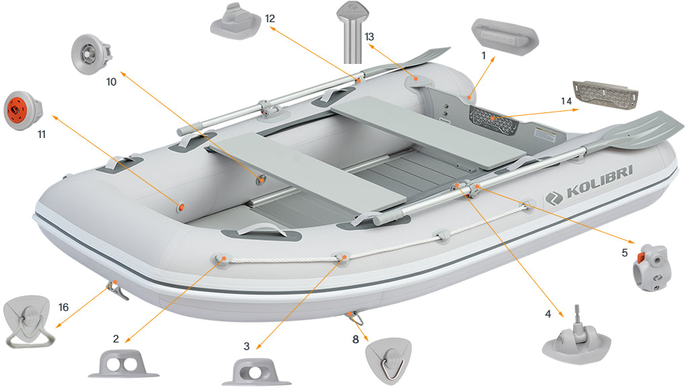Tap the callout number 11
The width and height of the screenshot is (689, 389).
[x=41, y=135]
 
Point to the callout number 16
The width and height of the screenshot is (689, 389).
[x=63, y=307]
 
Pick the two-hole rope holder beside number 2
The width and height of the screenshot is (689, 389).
[x=123, y=365]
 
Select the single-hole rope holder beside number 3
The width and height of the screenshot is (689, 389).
[x=256, y=371]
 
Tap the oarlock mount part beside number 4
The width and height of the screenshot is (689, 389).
[x=576, y=337]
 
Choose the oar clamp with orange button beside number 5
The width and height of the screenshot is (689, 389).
[x=651, y=267]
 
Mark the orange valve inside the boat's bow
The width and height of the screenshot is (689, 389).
[x=180, y=207]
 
